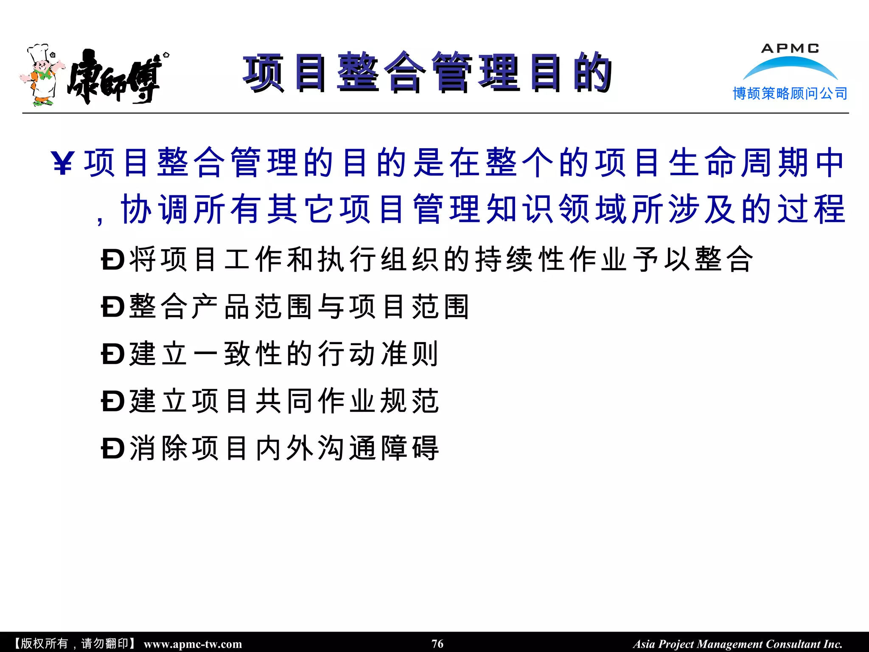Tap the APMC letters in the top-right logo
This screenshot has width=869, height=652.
click(790, 48)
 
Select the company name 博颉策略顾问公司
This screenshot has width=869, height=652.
click(790, 93)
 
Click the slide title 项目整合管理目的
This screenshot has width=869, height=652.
click(427, 73)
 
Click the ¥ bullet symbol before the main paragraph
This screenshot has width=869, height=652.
click(63, 163)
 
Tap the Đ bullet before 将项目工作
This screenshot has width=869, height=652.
click(112, 259)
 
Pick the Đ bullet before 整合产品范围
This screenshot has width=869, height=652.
click(112, 306)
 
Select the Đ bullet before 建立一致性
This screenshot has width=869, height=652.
click(112, 354)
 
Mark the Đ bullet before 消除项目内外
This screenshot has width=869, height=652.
click(112, 448)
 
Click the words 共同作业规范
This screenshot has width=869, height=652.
click(347, 401)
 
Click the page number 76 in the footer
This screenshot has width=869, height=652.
click(437, 644)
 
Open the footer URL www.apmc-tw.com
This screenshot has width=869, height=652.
click(193, 644)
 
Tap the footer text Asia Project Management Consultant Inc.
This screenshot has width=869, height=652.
click(737, 644)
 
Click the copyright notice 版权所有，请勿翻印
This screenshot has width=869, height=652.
click(75, 644)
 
